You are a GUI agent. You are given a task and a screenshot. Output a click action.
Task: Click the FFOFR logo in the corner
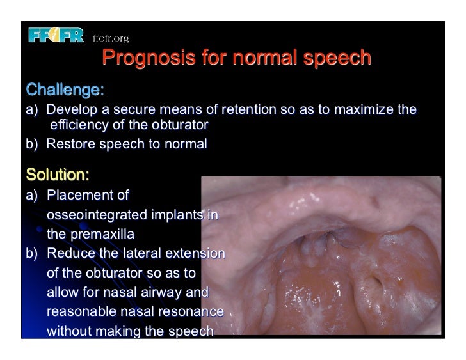[x=56, y=36]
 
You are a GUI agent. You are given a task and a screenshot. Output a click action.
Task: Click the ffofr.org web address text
[x=111, y=36]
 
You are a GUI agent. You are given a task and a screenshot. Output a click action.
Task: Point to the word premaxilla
[x=104, y=235]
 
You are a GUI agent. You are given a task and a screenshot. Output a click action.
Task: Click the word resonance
[x=191, y=313]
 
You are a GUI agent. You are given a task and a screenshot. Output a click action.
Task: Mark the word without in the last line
[x=68, y=333]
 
